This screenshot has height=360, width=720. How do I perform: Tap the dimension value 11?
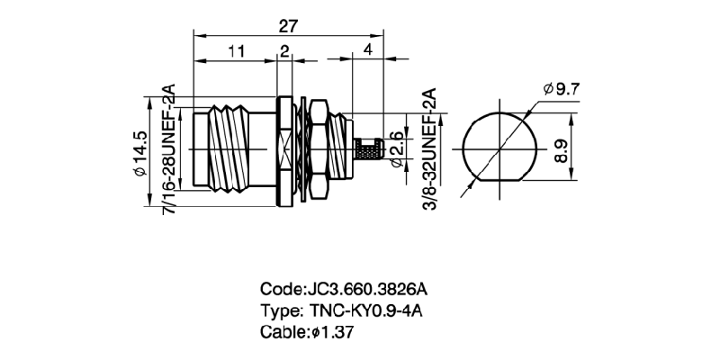236,51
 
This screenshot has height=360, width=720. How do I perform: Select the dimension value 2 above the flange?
284,51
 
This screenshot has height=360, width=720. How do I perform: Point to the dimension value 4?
368,51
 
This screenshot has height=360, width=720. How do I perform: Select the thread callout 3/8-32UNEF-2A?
429,149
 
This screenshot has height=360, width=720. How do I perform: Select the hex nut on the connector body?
317,148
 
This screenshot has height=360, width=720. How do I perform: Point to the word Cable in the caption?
282,331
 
